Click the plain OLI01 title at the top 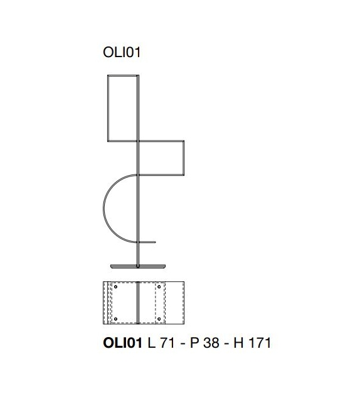click(122, 52)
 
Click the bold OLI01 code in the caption click(122, 343)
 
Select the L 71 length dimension click(161, 343)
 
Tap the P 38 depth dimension click(204, 343)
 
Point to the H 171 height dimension click(252, 343)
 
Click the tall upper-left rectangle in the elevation click(108, 108)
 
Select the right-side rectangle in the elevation click(184, 158)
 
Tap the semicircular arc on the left click(103, 208)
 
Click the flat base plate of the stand click(138, 266)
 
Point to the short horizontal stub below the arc click(147, 242)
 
